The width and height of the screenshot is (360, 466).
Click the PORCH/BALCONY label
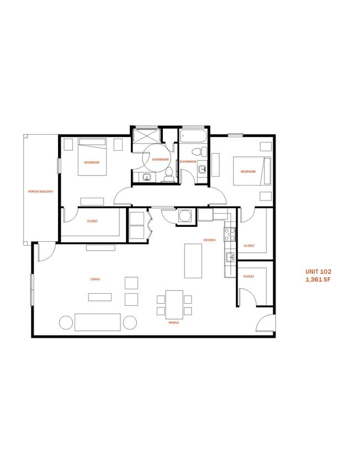pos(41,191)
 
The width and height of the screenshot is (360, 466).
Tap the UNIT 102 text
pos(318,272)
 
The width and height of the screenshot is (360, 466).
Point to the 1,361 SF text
pos(318,279)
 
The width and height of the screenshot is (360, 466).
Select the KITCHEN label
pos(209,240)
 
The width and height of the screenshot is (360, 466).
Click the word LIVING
pos(95,279)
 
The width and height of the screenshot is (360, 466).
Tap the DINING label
pos(173,322)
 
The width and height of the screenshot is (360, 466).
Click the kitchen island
pos(193,261)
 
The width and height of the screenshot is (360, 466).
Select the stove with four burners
pos(229,234)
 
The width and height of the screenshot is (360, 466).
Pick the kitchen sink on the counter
pos(230,257)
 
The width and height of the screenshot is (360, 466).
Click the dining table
pos(174,303)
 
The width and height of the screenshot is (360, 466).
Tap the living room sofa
pos(97,322)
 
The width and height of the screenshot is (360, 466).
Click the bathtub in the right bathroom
pos(194,136)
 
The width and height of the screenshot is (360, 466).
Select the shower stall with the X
pos(146,136)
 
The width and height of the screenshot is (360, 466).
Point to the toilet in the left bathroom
pos(168,173)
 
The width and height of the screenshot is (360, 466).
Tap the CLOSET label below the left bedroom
pos(92,221)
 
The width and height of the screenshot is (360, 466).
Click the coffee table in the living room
pos(100,297)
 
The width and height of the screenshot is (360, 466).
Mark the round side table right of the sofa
pos(131,322)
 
